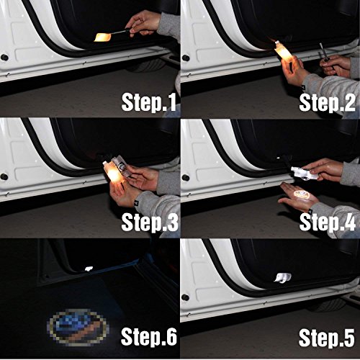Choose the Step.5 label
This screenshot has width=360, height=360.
click(x=328, y=338)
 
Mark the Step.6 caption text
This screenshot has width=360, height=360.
click(x=148, y=338)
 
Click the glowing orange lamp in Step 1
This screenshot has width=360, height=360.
click(x=103, y=35)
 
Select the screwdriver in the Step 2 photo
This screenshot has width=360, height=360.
click(x=323, y=52)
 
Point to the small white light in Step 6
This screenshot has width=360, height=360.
click(x=89, y=269)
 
